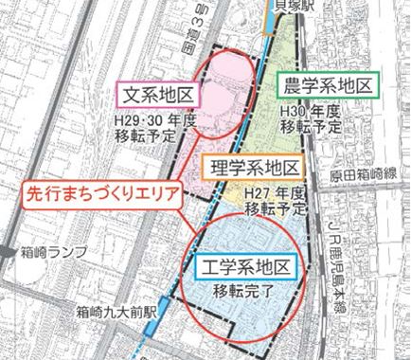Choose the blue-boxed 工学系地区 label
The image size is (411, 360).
[248, 265]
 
